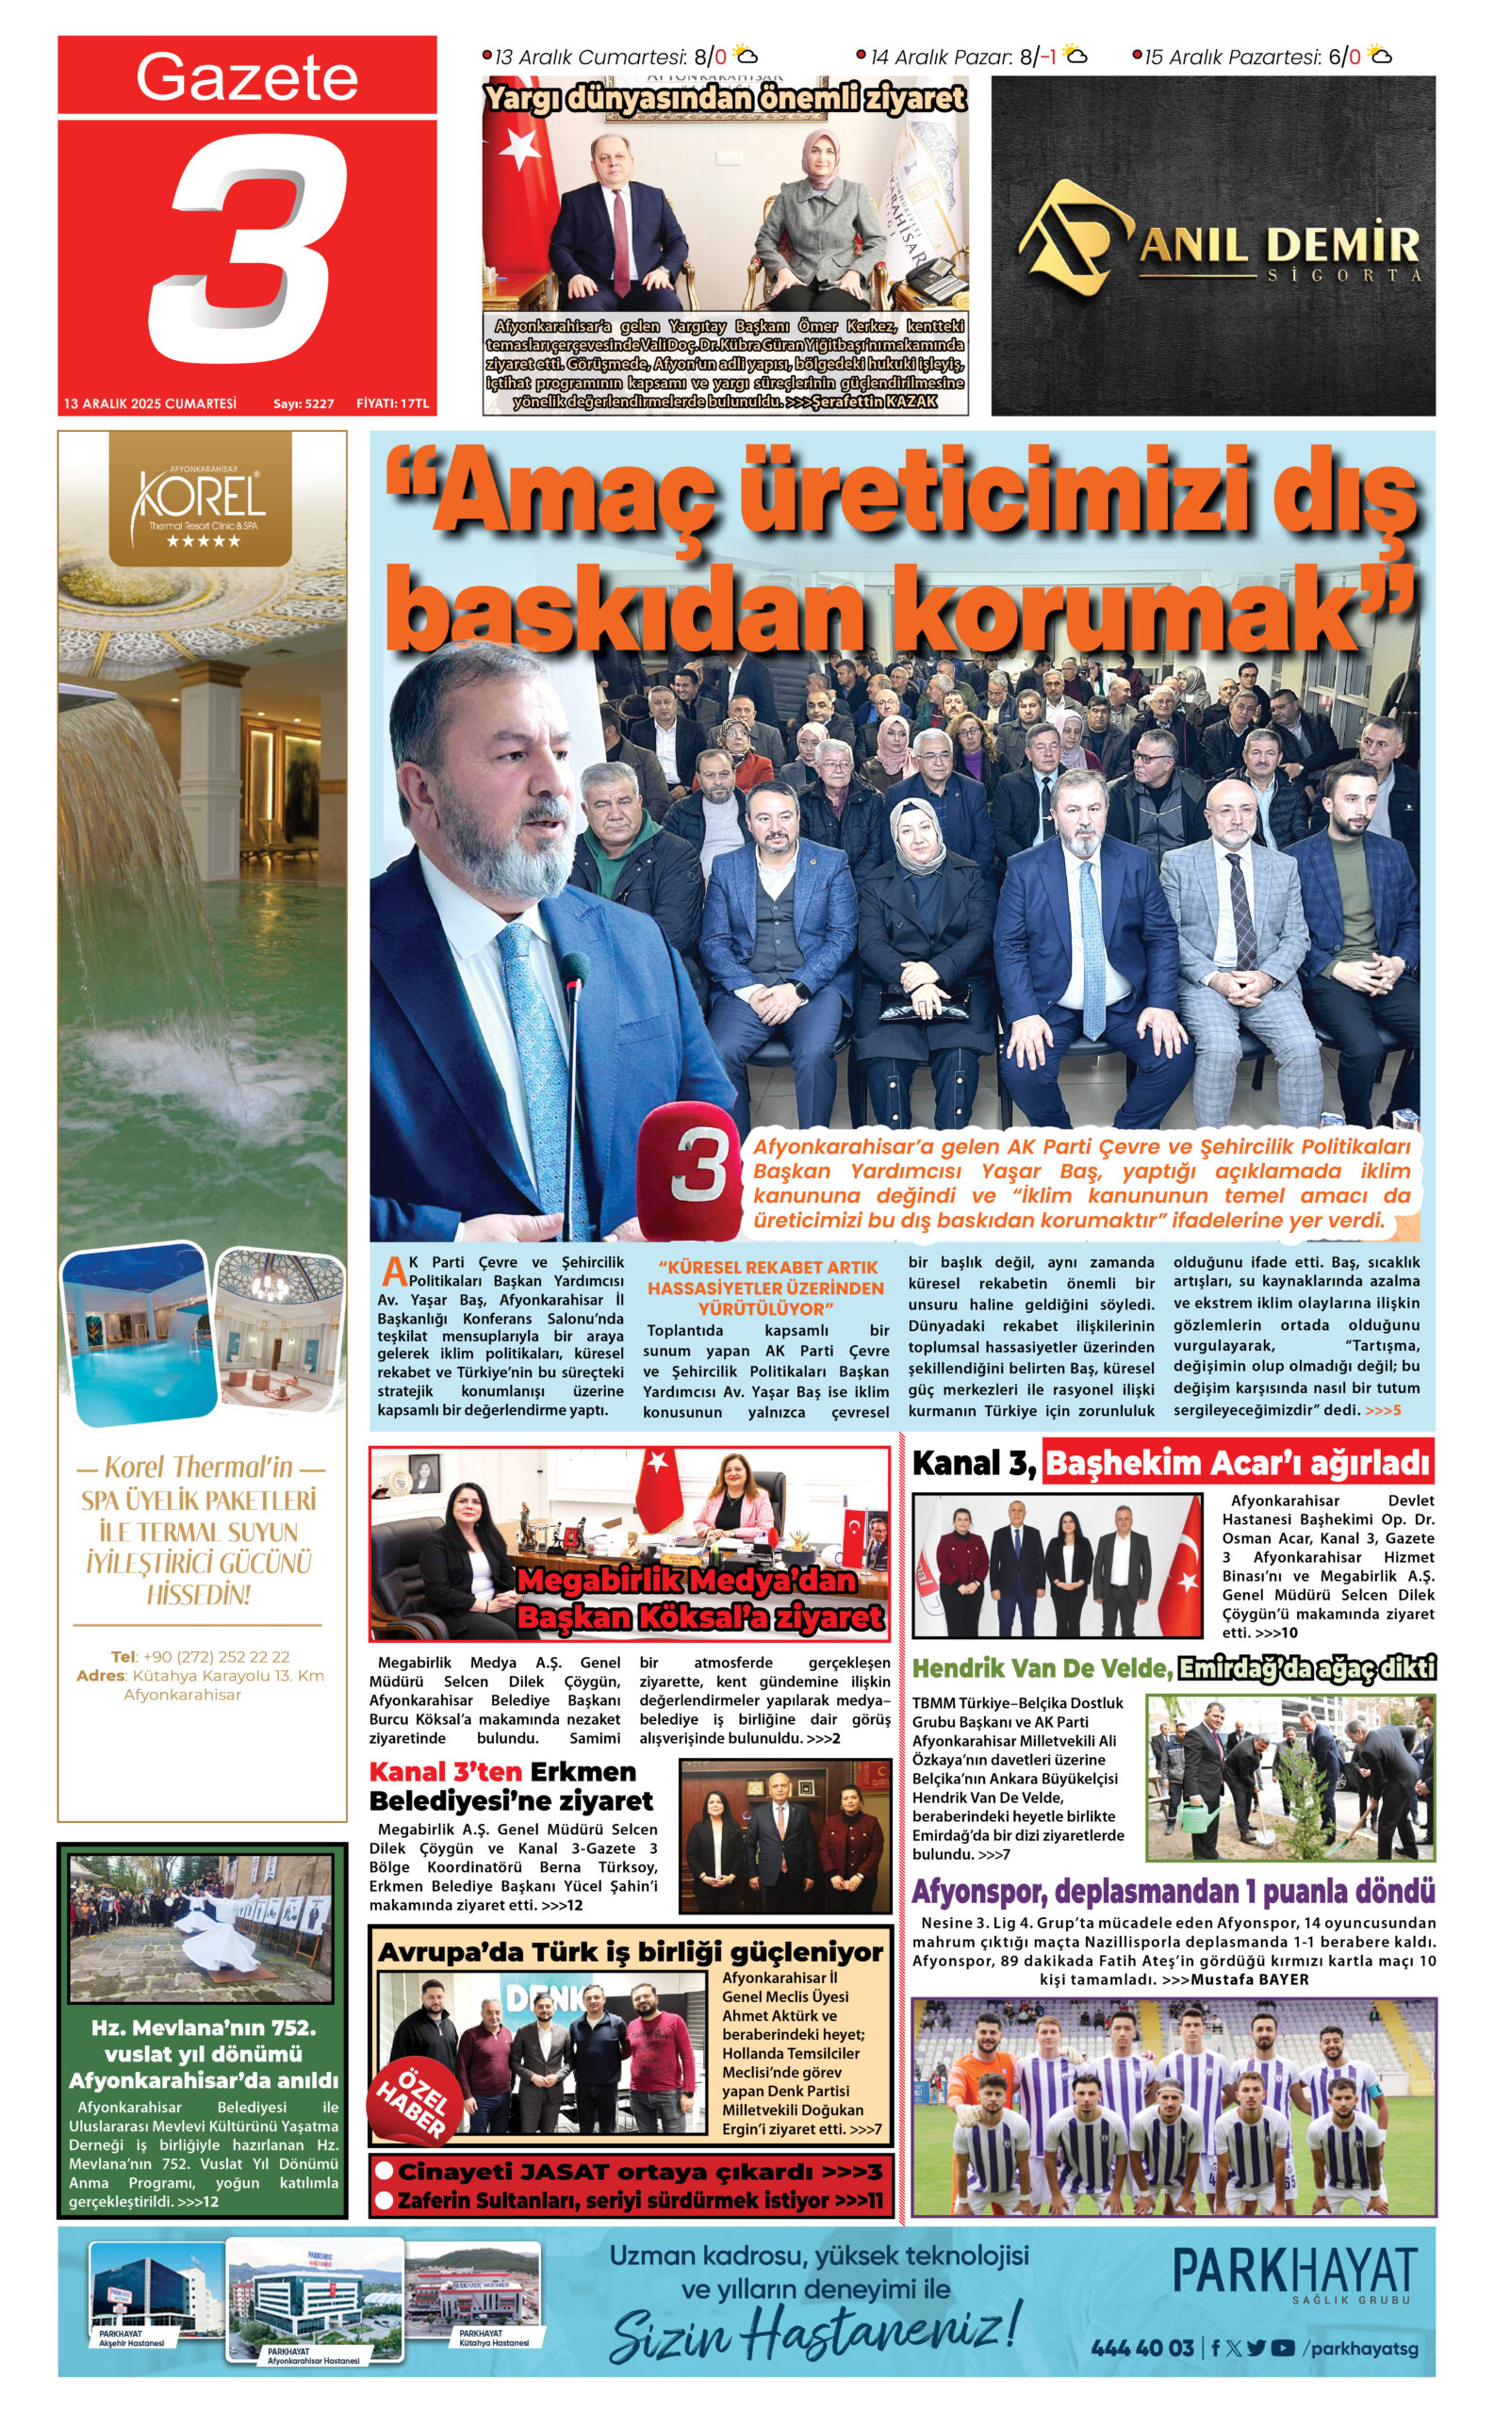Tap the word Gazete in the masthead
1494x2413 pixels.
pos(246,77)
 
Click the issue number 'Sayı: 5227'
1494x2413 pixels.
pos(304,404)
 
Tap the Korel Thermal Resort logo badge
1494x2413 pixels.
pos(202,502)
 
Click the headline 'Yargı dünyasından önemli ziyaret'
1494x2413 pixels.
pos(724,98)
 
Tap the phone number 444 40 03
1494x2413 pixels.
pos(1142,2348)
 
